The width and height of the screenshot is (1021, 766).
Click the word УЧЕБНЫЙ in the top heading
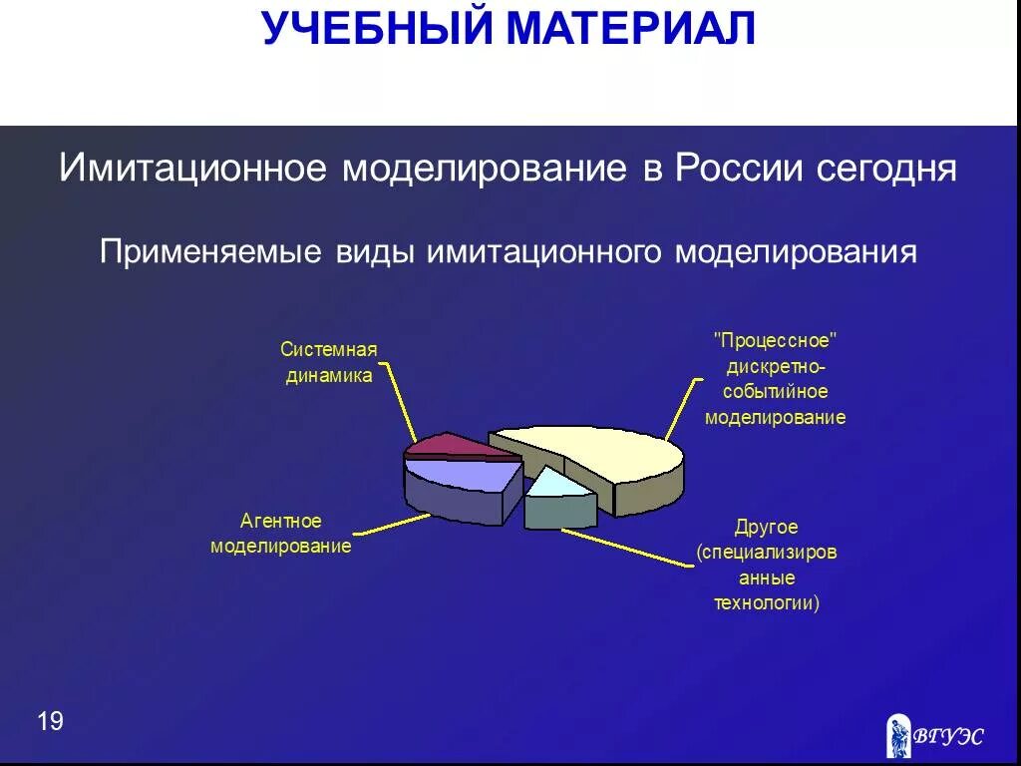(377, 28)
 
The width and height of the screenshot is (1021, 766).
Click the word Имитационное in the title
(192, 168)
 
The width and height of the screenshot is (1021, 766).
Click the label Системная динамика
(329, 362)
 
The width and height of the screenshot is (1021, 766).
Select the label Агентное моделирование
(281, 534)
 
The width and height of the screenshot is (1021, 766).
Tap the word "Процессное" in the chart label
(775, 341)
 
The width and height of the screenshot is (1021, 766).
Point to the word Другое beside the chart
(767, 527)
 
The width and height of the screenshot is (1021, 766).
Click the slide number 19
(50, 721)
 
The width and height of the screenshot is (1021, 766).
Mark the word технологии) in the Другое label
(767, 603)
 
